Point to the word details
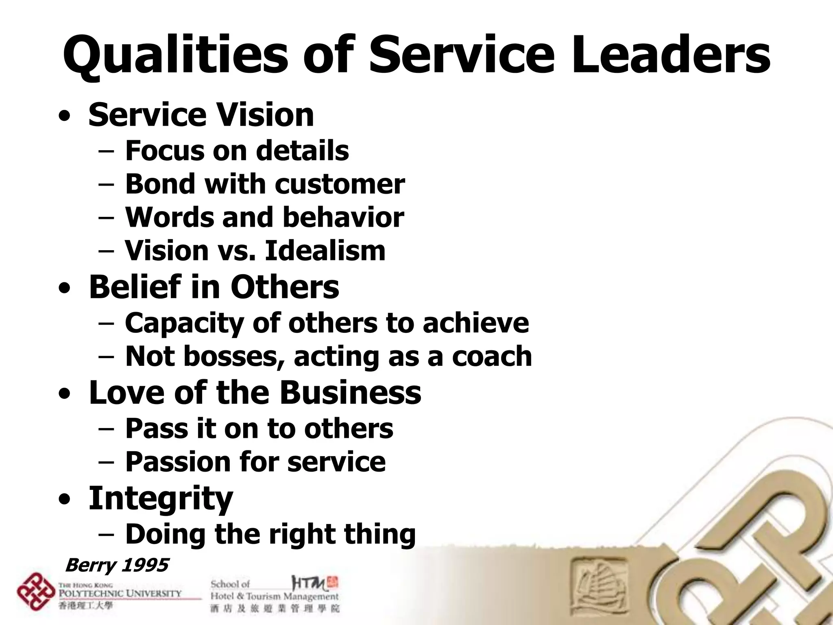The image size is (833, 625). pyautogui.click(x=302, y=151)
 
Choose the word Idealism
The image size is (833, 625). pyautogui.click(x=325, y=251)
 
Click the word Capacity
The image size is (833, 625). pyautogui.click(x=183, y=323)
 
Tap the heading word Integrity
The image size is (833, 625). pyautogui.click(x=161, y=499)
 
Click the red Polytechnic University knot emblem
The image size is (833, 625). pyautogui.click(x=35, y=591)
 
